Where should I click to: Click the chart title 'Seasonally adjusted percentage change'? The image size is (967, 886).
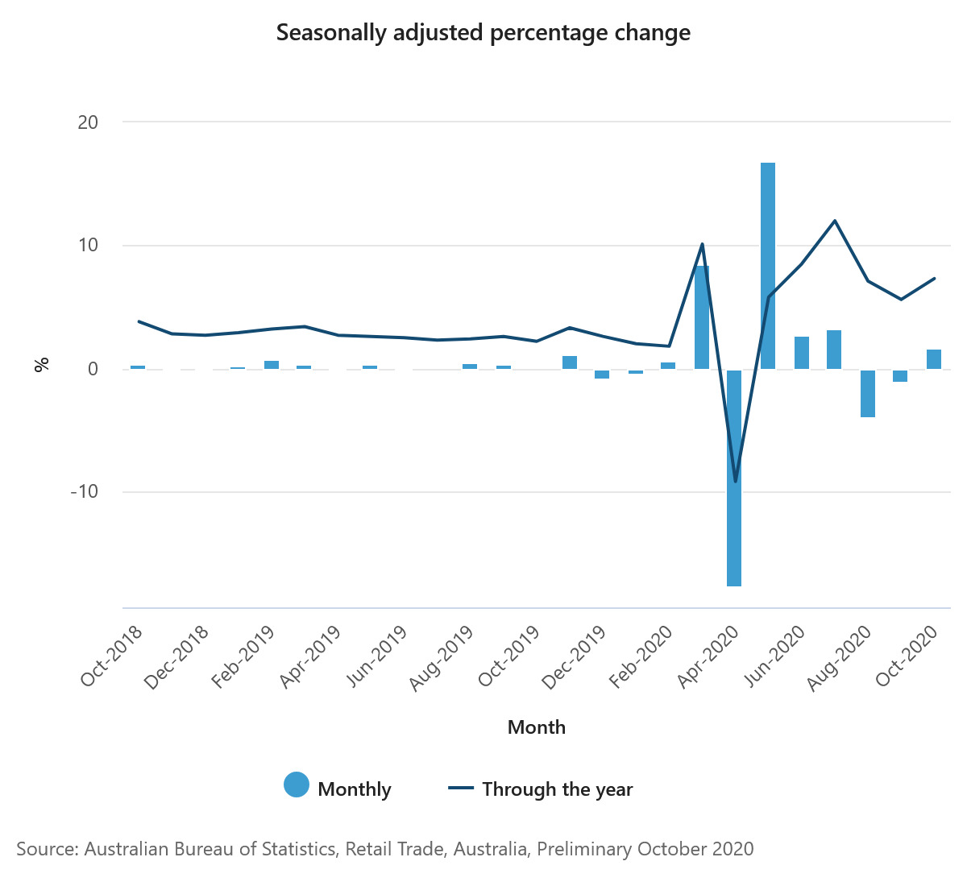[x=483, y=33]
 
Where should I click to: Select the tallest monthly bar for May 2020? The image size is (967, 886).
[x=768, y=266]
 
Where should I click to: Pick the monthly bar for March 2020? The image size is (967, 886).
[x=702, y=317]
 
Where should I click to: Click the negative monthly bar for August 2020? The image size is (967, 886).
[x=867, y=393]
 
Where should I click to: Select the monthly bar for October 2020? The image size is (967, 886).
[x=934, y=359]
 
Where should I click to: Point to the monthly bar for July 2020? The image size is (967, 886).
[x=834, y=350]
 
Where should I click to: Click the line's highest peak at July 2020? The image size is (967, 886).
[x=835, y=221]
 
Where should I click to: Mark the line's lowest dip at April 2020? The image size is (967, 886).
[x=735, y=482]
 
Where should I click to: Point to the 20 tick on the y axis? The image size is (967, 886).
[x=88, y=122]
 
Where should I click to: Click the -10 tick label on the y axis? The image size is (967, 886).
[x=84, y=492]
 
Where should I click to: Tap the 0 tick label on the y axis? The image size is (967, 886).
[x=93, y=369]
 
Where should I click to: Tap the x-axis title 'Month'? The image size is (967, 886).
[x=537, y=727]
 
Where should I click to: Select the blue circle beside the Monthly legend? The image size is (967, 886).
[x=297, y=785]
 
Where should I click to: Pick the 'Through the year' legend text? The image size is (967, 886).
[x=557, y=789]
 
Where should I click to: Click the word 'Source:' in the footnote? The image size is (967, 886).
[x=47, y=849]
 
